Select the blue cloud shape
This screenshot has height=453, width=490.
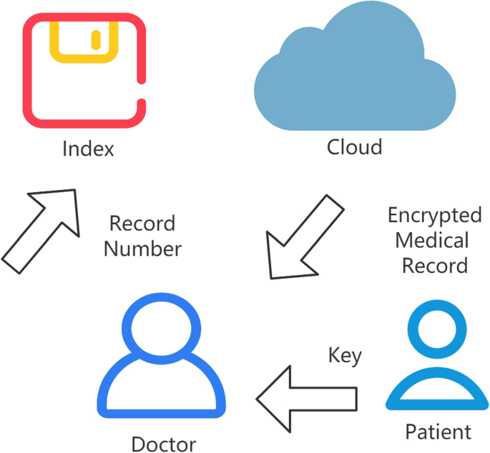pyautogui.click(x=355, y=79)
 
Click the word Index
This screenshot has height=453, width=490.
pyautogui.click(x=88, y=149)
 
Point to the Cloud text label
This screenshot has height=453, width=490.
pyautogui.click(x=354, y=147)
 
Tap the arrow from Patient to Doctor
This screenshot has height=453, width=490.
pyautogui.click(x=307, y=399)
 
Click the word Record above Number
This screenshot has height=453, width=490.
pyautogui.click(x=142, y=224)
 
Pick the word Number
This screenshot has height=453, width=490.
pyautogui.click(x=142, y=249)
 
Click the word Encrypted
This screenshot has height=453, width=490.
pyautogui.click(x=434, y=215)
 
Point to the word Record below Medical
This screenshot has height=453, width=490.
pyautogui.click(x=434, y=266)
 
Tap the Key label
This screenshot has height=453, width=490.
pyautogui.click(x=345, y=355)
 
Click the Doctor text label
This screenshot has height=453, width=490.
pyautogui.click(x=163, y=444)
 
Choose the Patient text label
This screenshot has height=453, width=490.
pyautogui.click(x=438, y=432)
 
